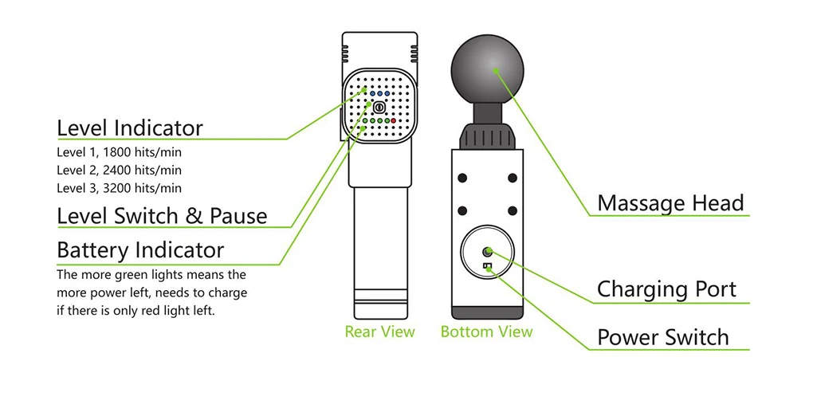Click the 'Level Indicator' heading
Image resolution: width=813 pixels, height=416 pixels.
click(130, 128)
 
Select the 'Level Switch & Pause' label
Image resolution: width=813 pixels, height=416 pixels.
click(162, 216)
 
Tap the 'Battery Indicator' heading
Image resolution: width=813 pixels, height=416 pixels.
click(140, 250)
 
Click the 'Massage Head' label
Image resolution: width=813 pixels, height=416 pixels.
click(670, 203)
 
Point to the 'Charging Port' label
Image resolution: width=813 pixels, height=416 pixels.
click(666, 289)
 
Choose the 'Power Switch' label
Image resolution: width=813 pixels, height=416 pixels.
click(662, 337)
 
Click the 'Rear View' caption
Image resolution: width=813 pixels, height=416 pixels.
click(379, 332)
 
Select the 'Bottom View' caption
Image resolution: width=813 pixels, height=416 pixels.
click(486, 332)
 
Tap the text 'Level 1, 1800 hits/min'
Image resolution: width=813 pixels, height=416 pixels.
click(120, 151)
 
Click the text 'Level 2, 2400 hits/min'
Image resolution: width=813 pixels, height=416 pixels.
click(120, 170)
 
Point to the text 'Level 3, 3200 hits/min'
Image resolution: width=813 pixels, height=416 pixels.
click(120, 188)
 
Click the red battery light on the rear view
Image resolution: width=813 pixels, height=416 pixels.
click(393, 121)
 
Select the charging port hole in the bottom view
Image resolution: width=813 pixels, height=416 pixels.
click(488, 253)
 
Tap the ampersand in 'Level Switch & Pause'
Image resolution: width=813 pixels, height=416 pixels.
click(198, 216)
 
